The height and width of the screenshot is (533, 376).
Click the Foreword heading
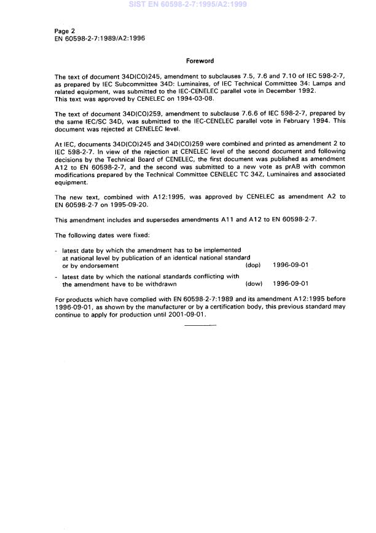pyautogui.click(x=200, y=61)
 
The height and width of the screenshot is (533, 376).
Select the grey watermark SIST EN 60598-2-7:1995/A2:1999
pyautogui.click(x=188, y=4)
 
